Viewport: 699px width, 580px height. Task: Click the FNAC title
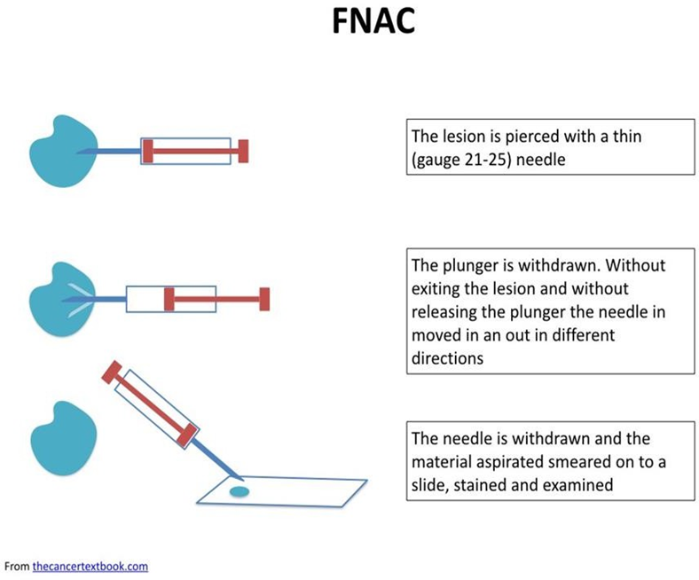coord(373,21)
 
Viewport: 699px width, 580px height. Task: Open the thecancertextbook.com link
coord(90,566)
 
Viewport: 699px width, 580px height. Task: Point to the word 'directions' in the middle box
coord(447,358)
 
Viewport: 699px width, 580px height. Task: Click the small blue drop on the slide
coord(240,491)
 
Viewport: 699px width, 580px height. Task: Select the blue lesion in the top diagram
coord(63,152)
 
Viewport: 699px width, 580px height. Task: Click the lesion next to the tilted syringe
coord(63,438)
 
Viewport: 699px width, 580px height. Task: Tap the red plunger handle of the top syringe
coord(243,151)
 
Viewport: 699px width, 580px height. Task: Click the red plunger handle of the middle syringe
coord(265,299)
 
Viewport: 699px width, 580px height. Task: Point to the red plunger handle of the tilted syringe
coord(112,372)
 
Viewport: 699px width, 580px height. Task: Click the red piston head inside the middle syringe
coord(169,299)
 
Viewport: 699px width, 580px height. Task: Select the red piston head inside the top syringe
coord(148,151)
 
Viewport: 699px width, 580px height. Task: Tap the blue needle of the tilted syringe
coord(218,460)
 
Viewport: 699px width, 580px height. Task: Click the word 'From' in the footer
coord(17,566)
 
